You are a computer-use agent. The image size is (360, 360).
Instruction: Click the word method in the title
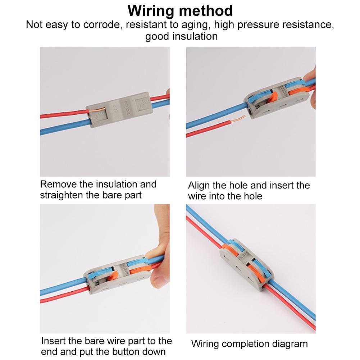[x=206, y=11]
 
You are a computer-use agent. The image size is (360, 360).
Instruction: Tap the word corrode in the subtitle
[x=100, y=25]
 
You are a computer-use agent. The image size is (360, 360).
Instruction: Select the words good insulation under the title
[x=181, y=36]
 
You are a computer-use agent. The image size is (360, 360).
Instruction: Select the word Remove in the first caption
[x=58, y=184]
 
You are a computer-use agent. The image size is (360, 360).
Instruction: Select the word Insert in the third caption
[x=53, y=341]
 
